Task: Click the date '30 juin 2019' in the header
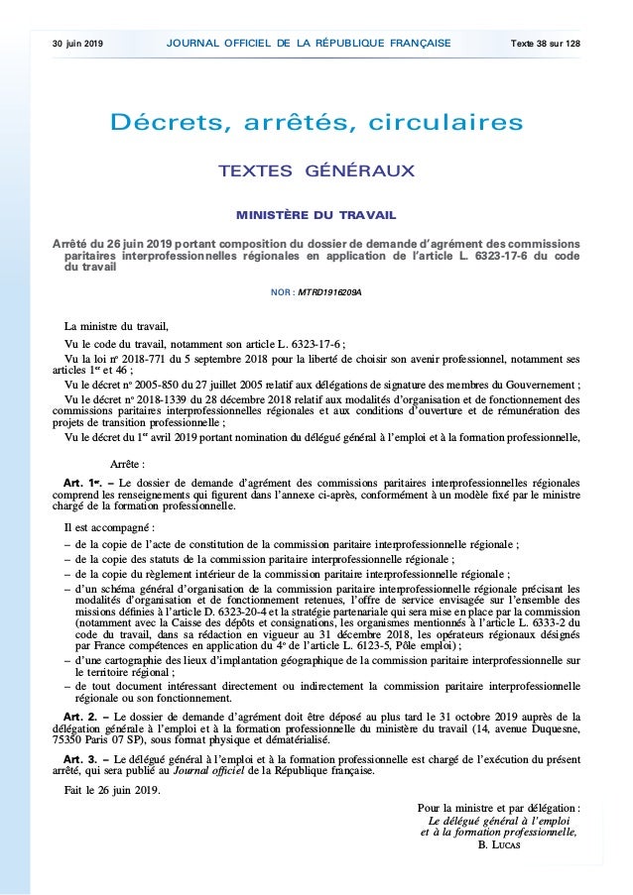[x=80, y=44]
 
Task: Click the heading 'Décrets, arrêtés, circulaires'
[x=316, y=124]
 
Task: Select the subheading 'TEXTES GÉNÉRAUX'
[x=316, y=172]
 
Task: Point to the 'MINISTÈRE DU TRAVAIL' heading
[x=316, y=214]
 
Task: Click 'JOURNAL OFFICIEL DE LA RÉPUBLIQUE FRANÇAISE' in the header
[x=310, y=44]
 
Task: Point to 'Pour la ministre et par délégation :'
[x=499, y=808]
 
